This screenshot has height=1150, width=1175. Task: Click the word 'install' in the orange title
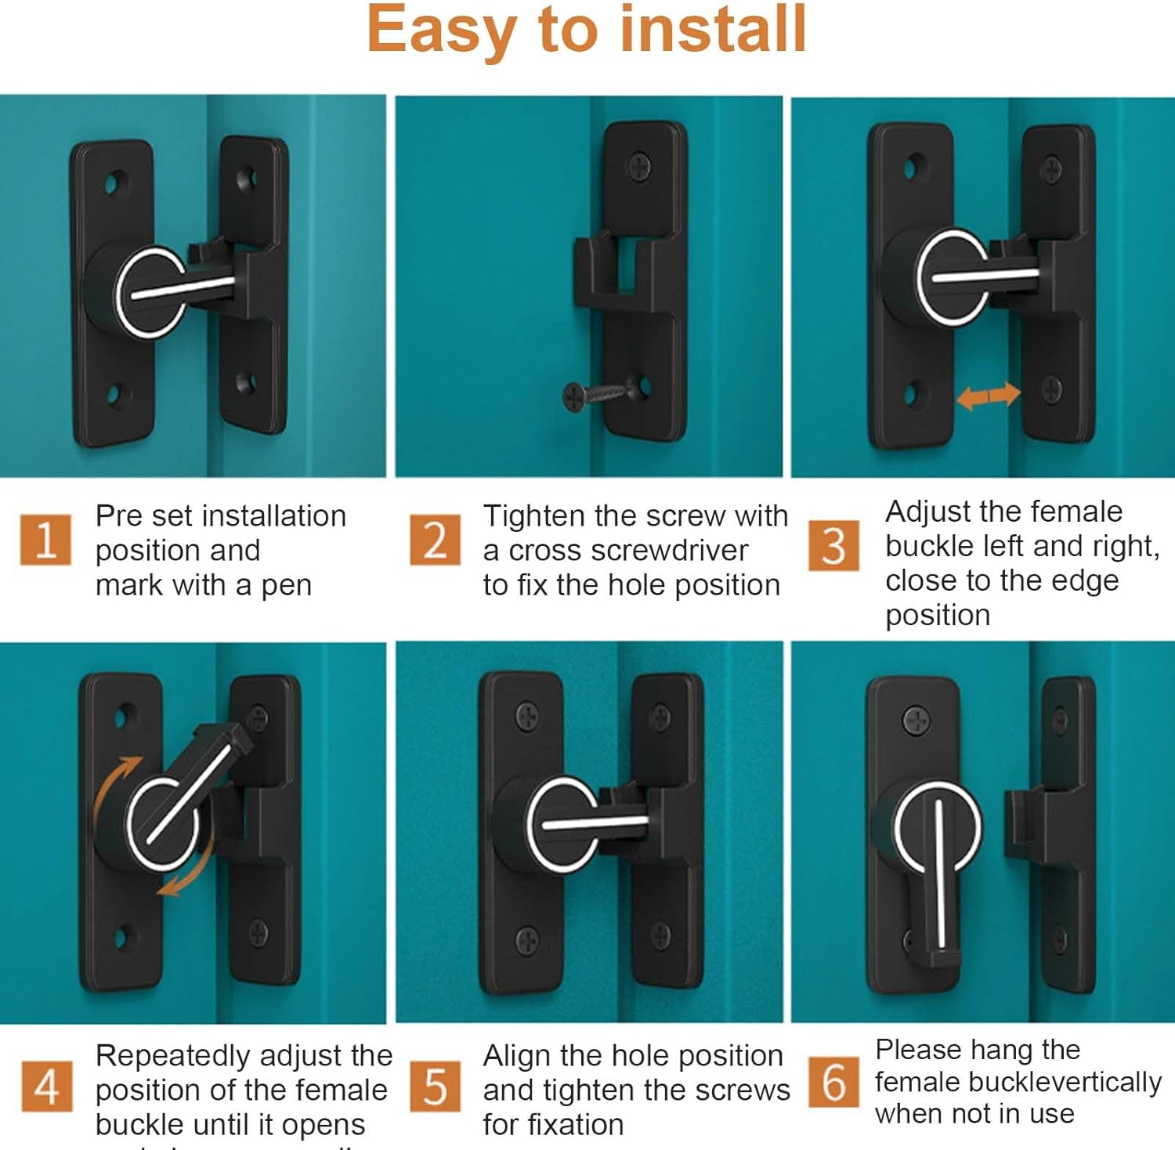(713, 30)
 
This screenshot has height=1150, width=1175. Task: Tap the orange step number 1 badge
(45, 540)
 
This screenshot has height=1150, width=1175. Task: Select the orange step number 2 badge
(435, 540)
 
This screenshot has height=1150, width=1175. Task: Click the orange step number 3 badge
(833, 545)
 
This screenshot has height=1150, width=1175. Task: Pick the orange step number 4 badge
(46, 1086)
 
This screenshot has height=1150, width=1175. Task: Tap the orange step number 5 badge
(435, 1086)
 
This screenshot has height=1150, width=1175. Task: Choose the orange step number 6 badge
(833, 1082)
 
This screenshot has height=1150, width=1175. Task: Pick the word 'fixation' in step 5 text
(553, 1124)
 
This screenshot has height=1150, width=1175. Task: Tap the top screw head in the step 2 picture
(640, 165)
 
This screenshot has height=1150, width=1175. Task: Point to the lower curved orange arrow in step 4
(192, 870)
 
